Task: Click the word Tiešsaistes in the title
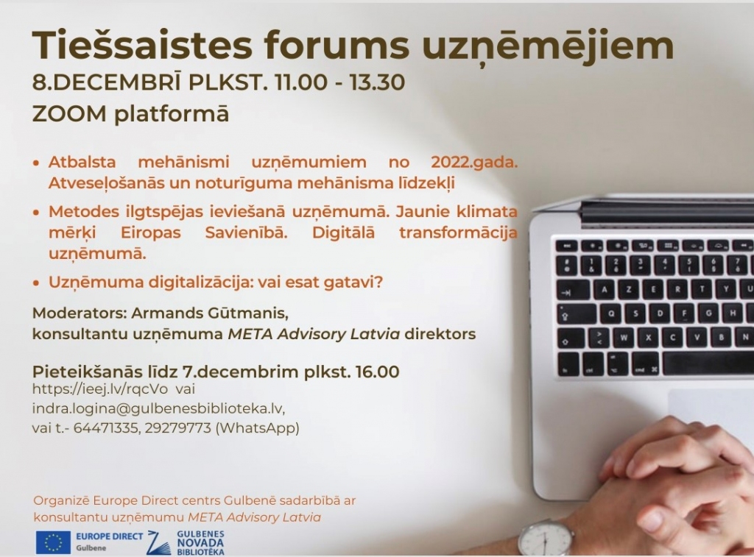click(142, 45)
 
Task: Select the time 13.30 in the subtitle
click(377, 82)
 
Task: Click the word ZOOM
click(69, 114)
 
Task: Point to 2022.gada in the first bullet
click(474, 163)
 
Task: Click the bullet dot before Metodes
click(35, 212)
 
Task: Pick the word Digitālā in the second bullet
click(343, 233)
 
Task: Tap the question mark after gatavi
click(378, 282)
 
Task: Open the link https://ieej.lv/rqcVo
click(100, 389)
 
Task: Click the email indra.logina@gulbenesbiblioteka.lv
click(158, 408)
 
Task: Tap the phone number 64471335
click(105, 427)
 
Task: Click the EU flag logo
click(53, 542)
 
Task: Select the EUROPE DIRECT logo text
click(110, 536)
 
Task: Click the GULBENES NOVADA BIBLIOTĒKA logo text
click(200, 542)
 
